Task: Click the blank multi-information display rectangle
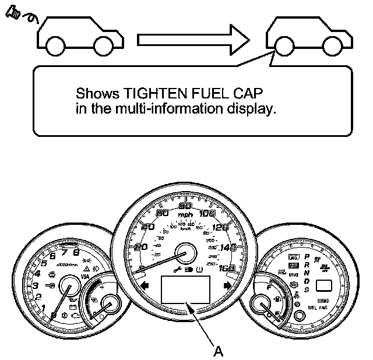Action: pyautogui.click(x=185, y=290)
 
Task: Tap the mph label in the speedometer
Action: pyautogui.click(x=186, y=216)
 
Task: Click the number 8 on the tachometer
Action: pyautogui.click(x=76, y=252)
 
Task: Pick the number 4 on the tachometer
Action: pyautogui.click(x=37, y=273)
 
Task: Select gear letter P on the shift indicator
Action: pyautogui.click(x=307, y=257)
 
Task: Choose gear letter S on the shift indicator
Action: pyautogui.click(x=307, y=290)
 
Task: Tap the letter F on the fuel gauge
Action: pyautogui.click(x=269, y=287)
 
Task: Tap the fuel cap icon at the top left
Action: pyautogui.click(x=13, y=16)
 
